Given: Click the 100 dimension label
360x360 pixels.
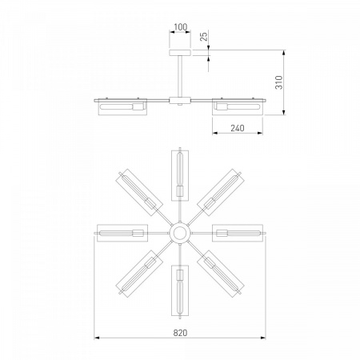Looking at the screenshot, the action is (x=181, y=26).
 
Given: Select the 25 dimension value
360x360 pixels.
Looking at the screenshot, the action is (x=203, y=36).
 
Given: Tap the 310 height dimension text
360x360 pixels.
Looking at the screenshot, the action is (x=279, y=82).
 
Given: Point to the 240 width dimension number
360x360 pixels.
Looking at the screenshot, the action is (x=238, y=128).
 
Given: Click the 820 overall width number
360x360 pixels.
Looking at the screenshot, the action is (x=181, y=333).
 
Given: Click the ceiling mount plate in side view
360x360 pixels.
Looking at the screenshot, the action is (x=180, y=53).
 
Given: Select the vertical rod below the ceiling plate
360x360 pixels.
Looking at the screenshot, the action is (x=180, y=76).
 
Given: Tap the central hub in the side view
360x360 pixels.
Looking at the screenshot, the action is (x=180, y=101).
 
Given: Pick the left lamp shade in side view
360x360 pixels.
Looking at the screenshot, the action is (x=122, y=107).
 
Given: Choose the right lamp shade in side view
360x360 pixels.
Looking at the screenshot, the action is (x=238, y=107).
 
